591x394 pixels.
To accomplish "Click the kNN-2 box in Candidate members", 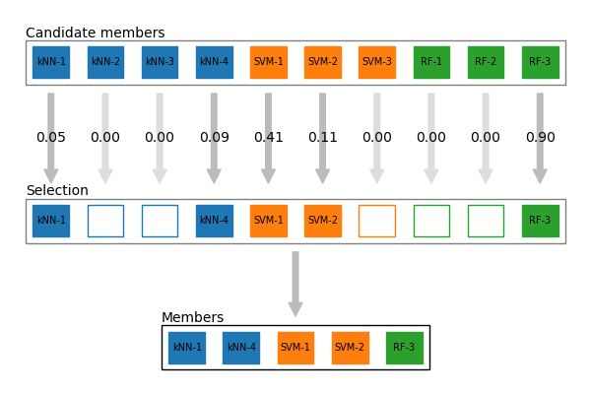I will point(105,62).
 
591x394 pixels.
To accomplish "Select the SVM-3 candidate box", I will point(376,62).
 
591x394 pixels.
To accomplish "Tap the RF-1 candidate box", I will point(431,62).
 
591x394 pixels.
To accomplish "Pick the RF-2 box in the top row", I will point(486,62).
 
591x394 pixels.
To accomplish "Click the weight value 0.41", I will point(268,138).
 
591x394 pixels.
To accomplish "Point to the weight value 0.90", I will point(540,138).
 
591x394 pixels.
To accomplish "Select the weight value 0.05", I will point(51,138).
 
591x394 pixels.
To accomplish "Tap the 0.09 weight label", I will point(214,138).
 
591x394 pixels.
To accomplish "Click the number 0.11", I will point(322,138).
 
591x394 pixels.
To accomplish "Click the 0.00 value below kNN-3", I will point(160,138).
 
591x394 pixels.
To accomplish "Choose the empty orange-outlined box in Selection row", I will point(376,221).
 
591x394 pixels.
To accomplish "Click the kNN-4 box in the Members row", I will point(240,348).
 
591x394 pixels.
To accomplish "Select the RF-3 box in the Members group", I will point(404,348).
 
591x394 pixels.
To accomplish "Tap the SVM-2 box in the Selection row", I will point(322,221).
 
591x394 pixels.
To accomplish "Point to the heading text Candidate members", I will point(96,33).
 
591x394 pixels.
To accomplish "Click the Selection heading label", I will point(57,191).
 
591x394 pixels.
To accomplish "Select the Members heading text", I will point(192,318).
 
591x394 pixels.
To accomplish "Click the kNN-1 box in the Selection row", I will point(51,221).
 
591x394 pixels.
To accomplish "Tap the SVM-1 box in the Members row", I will point(295,348).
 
